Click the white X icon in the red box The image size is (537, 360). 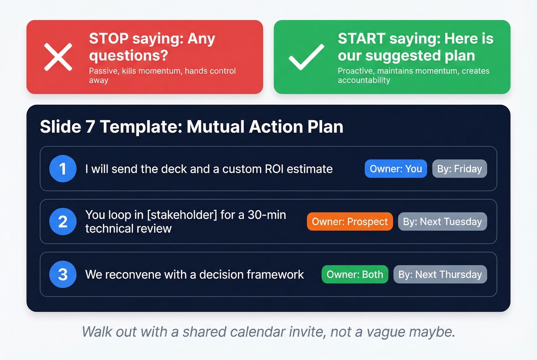click(58, 57)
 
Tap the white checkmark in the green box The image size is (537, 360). click(306, 57)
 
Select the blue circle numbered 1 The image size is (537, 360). click(63, 169)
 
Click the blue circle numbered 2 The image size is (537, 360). click(63, 222)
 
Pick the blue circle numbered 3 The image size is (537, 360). click(63, 275)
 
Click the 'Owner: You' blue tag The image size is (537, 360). click(395, 169)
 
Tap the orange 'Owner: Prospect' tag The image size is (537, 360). click(349, 222)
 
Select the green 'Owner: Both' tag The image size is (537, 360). click(354, 275)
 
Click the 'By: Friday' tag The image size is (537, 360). click(459, 169)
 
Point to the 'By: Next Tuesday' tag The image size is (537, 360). click(442, 222)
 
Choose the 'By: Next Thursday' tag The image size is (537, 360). click(440, 275)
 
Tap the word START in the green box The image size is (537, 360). click(361, 39)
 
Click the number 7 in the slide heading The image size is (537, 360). click(90, 127)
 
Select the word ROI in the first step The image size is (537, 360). click(274, 169)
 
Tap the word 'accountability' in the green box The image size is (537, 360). click(364, 80)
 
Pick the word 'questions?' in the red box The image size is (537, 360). click(128, 56)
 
